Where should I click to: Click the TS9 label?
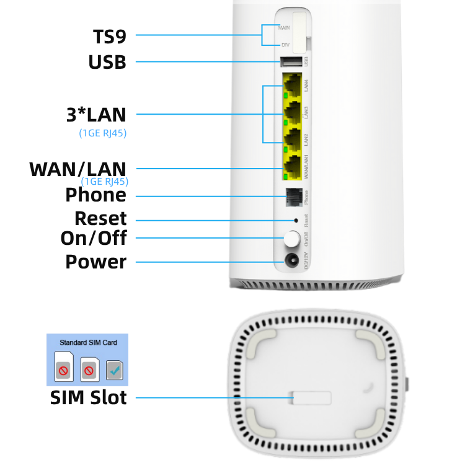[110, 35]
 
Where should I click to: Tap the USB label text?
[107, 62]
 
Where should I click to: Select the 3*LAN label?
[95, 114]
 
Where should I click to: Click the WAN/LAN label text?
[77, 169]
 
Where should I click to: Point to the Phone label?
[95, 195]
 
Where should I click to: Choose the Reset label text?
[100, 219]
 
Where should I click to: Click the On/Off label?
[93, 239]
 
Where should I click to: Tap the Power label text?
[95, 262]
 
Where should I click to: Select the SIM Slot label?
[88, 397]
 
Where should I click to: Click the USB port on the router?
[291, 61]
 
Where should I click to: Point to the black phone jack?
[293, 197]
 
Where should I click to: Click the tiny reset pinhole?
[296, 220]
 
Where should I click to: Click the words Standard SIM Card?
[88, 342]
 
